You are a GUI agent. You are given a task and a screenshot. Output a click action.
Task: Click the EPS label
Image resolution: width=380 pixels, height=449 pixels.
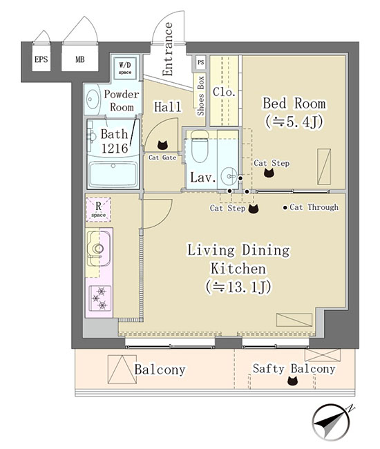point(41,59)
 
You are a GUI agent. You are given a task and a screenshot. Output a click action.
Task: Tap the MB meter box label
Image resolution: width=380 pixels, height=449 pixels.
point(80,59)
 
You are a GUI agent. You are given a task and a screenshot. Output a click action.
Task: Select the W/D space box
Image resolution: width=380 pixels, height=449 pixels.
point(125,68)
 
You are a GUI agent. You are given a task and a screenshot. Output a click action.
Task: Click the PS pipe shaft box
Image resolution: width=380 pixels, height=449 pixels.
point(201,62)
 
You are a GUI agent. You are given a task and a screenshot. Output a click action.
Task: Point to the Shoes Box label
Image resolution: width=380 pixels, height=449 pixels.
point(201,96)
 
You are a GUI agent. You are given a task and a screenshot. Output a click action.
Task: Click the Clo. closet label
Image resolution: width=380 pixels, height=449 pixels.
point(225,92)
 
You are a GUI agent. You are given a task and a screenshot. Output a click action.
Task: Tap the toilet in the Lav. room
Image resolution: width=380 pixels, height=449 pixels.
point(200,146)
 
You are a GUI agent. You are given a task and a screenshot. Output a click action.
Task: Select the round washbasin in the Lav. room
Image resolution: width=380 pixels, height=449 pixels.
point(229,176)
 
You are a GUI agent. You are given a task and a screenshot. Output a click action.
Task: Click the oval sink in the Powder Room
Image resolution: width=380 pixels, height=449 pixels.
point(93,99)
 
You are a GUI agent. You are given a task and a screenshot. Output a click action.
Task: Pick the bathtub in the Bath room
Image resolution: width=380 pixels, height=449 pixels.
point(113,174)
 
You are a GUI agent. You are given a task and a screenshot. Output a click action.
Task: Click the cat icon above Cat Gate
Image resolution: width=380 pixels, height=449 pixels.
point(162,145)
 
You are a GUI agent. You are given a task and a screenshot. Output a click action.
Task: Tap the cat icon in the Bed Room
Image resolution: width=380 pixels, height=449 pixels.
point(269,173)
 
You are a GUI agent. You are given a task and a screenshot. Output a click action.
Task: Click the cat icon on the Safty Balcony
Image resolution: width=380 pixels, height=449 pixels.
point(292,381)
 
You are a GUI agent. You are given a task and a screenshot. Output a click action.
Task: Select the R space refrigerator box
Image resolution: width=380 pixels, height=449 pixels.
point(99,209)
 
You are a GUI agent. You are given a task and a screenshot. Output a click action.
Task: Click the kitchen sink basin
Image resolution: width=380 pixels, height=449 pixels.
point(98,248)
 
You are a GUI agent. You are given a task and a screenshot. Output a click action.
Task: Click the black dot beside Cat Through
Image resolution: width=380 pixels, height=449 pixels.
point(285,208)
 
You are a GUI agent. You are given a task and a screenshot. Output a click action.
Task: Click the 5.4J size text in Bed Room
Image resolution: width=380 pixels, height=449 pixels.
point(294,122)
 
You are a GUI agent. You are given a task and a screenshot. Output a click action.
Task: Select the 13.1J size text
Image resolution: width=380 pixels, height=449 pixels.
point(238,287)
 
